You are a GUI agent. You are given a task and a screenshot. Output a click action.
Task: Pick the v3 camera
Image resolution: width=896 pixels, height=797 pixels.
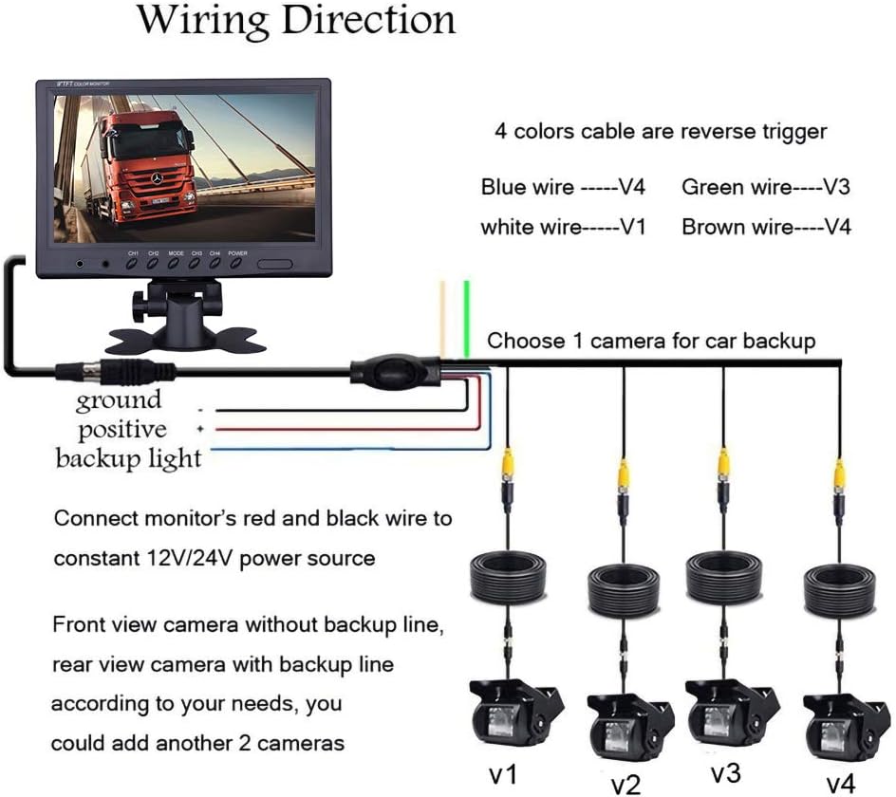pyautogui.click(x=724, y=712)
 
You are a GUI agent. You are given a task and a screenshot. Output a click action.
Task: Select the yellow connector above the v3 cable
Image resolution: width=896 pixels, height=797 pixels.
pyautogui.click(x=723, y=465)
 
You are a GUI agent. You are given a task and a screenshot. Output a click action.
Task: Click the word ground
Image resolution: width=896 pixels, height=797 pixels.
pyautogui.click(x=119, y=400)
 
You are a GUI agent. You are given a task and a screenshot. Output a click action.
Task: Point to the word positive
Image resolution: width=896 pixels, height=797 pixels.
pyautogui.click(x=122, y=430)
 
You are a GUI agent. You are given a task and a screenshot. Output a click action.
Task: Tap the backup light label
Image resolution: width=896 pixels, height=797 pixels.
pyautogui.click(x=128, y=459)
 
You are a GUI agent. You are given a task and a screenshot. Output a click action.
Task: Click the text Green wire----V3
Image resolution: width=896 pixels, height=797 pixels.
pyautogui.click(x=766, y=187)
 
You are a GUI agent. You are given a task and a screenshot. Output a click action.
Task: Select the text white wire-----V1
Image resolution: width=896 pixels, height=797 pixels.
pyautogui.click(x=563, y=227)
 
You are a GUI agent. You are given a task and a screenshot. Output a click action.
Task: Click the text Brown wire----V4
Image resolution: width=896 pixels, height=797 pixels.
pyautogui.click(x=766, y=227)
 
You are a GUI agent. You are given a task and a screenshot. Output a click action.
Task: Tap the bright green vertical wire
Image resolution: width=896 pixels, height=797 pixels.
pyautogui.click(x=466, y=318)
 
